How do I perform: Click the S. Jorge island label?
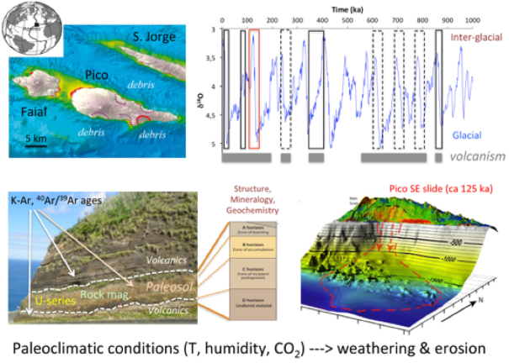point(153,38)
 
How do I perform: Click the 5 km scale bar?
point(34,146)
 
